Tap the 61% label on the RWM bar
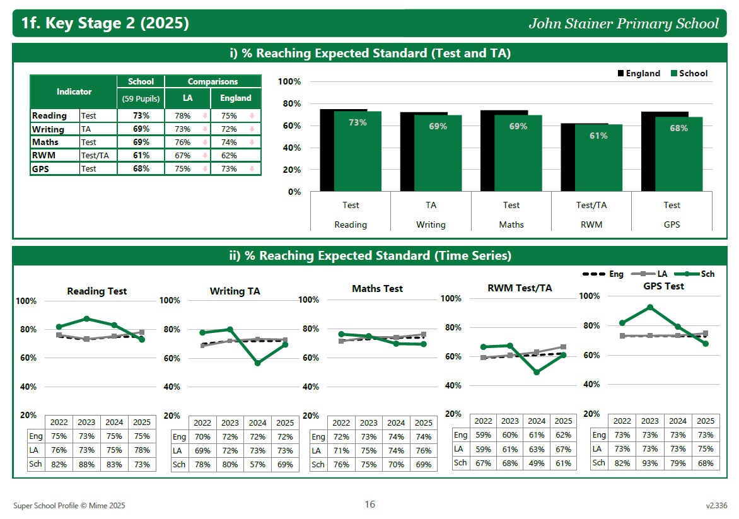pos(598,136)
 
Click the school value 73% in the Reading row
pos(141,115)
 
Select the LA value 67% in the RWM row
pos(182,155)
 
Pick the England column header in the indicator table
pos(236,98)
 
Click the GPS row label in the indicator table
pos(40,168)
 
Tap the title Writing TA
pos(235,291)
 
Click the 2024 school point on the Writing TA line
pos(257,363)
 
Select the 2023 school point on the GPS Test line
pos(650,307)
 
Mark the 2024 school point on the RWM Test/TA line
pos(537,372)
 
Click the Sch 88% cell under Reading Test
pos(86,465)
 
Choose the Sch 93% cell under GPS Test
pos(650,463)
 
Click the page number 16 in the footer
pos(369,504)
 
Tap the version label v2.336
pos(716,505)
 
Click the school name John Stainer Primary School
pos(624,24)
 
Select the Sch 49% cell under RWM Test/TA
pos(537,463)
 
